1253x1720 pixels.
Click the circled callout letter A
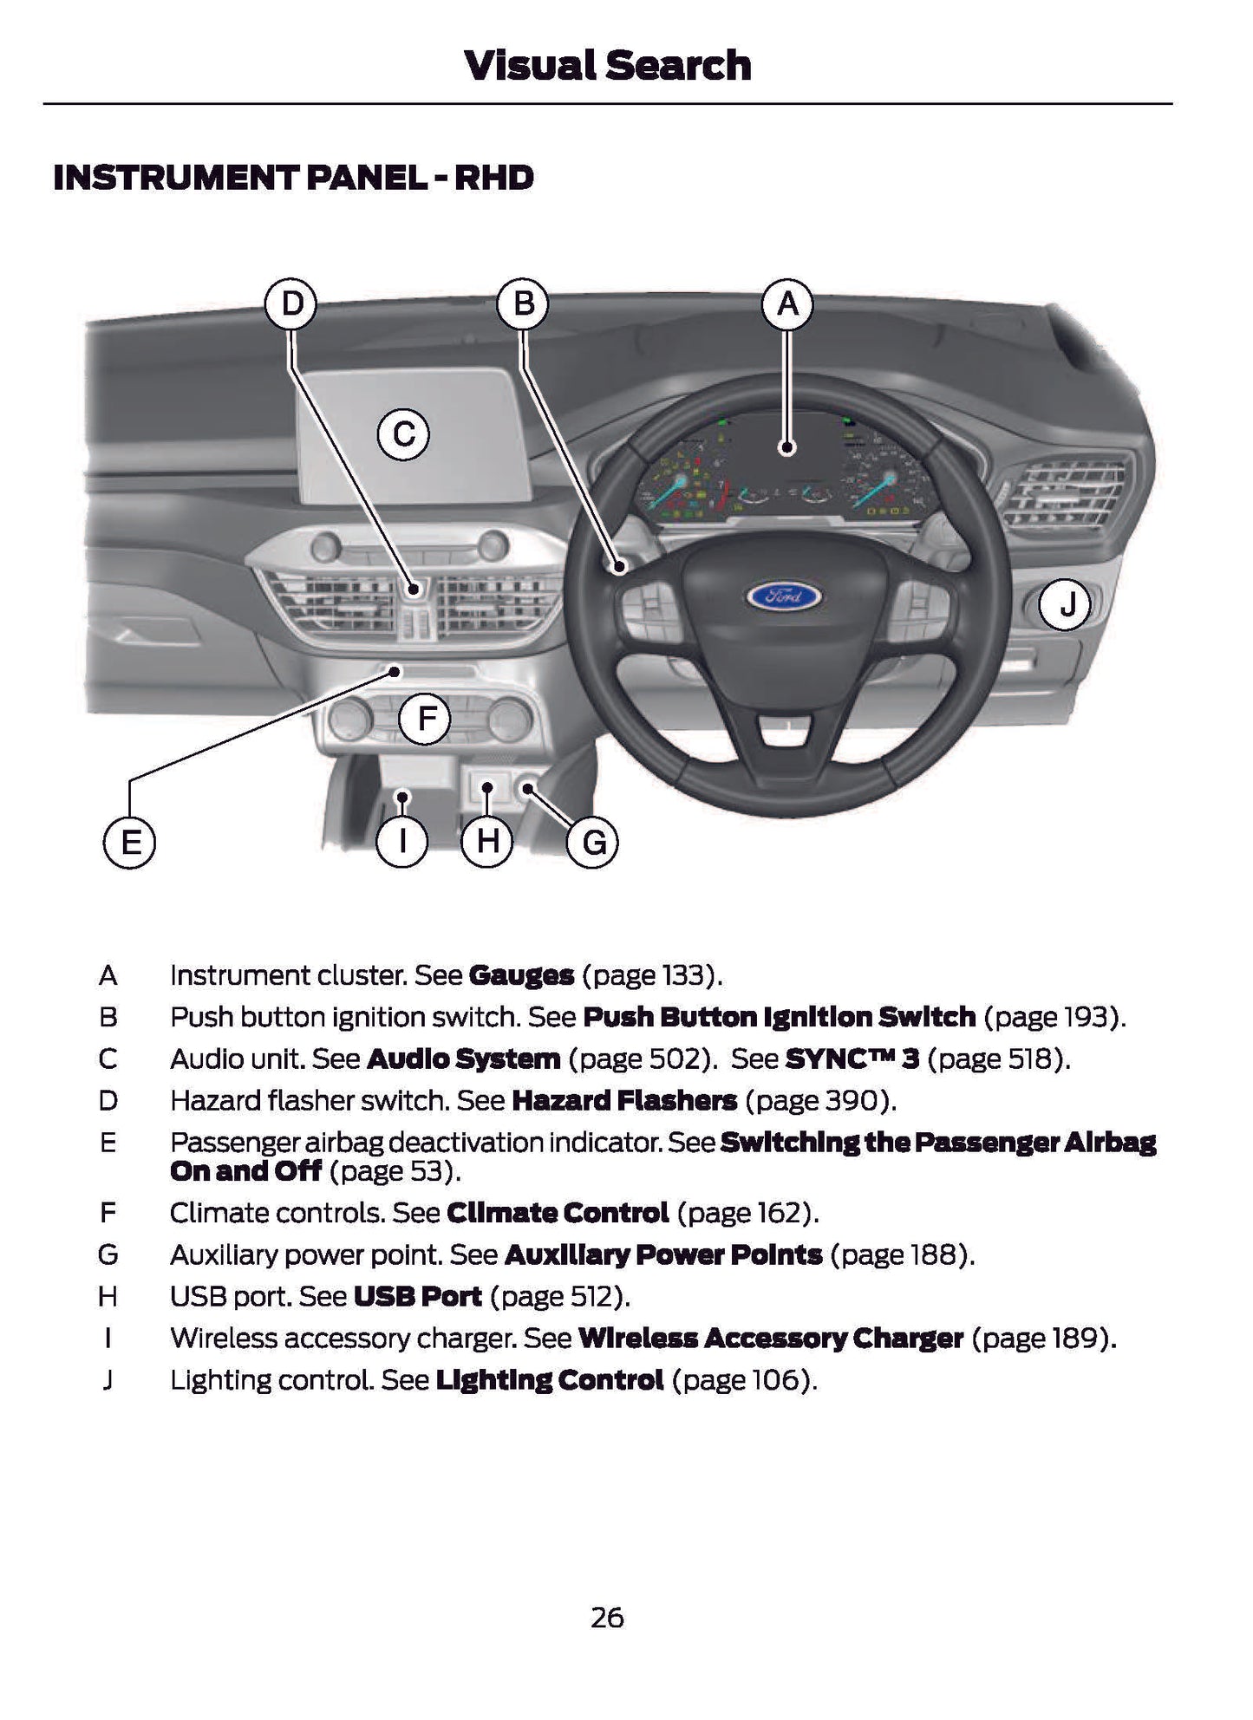pos(787,304)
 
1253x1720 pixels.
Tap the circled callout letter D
pos(291,304)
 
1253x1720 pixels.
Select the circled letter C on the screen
pos(404,433)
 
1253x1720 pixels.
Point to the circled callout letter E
pos(130,843)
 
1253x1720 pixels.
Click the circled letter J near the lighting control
pos(1067,604)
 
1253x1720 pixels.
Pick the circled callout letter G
pos(593,843)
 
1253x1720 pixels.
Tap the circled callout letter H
pos(487,842)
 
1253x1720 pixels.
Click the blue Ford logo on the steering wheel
pos(785,596)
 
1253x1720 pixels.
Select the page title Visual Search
pos(607,66)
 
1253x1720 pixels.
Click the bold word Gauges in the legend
pos(521,975)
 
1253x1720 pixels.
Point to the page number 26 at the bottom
pos(607,1617)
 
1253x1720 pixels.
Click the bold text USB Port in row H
pos(418,1296)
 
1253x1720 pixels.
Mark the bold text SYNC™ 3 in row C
pos(852,1059)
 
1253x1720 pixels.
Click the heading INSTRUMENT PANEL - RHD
pos(293,178)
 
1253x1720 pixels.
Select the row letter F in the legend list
pos(108,1212)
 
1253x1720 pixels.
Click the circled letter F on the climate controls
pos(425,719)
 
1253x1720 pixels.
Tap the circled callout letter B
pos(524,304)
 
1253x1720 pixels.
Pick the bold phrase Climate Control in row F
pos(558,1212)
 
